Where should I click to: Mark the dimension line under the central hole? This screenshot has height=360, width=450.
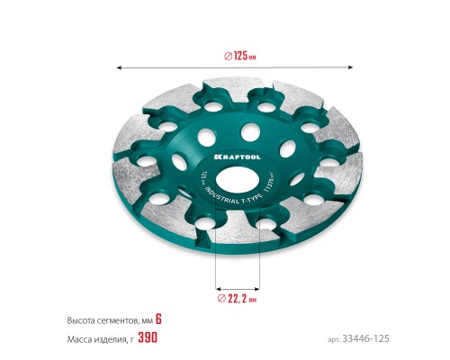tap(238, 280)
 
